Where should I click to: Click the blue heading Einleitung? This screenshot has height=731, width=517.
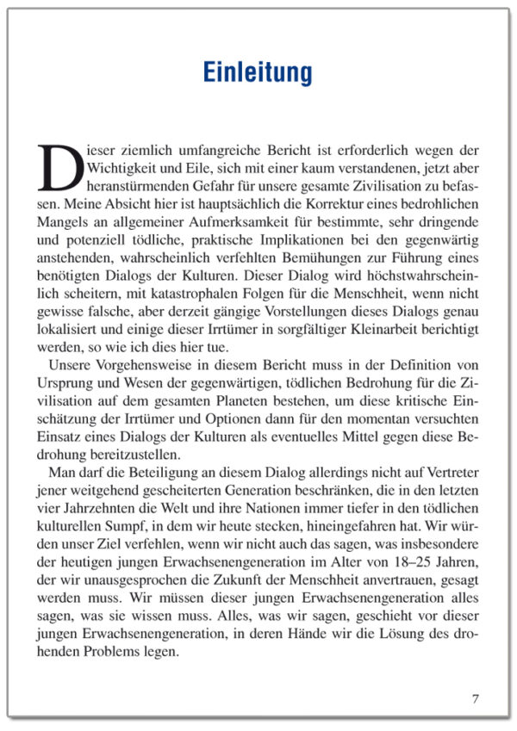tap(258, 72)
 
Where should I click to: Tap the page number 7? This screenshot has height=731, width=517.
tap(475, 697)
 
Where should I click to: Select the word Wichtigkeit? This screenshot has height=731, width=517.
tap(121, 166)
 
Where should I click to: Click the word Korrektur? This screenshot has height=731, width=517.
tap(345, 202)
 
